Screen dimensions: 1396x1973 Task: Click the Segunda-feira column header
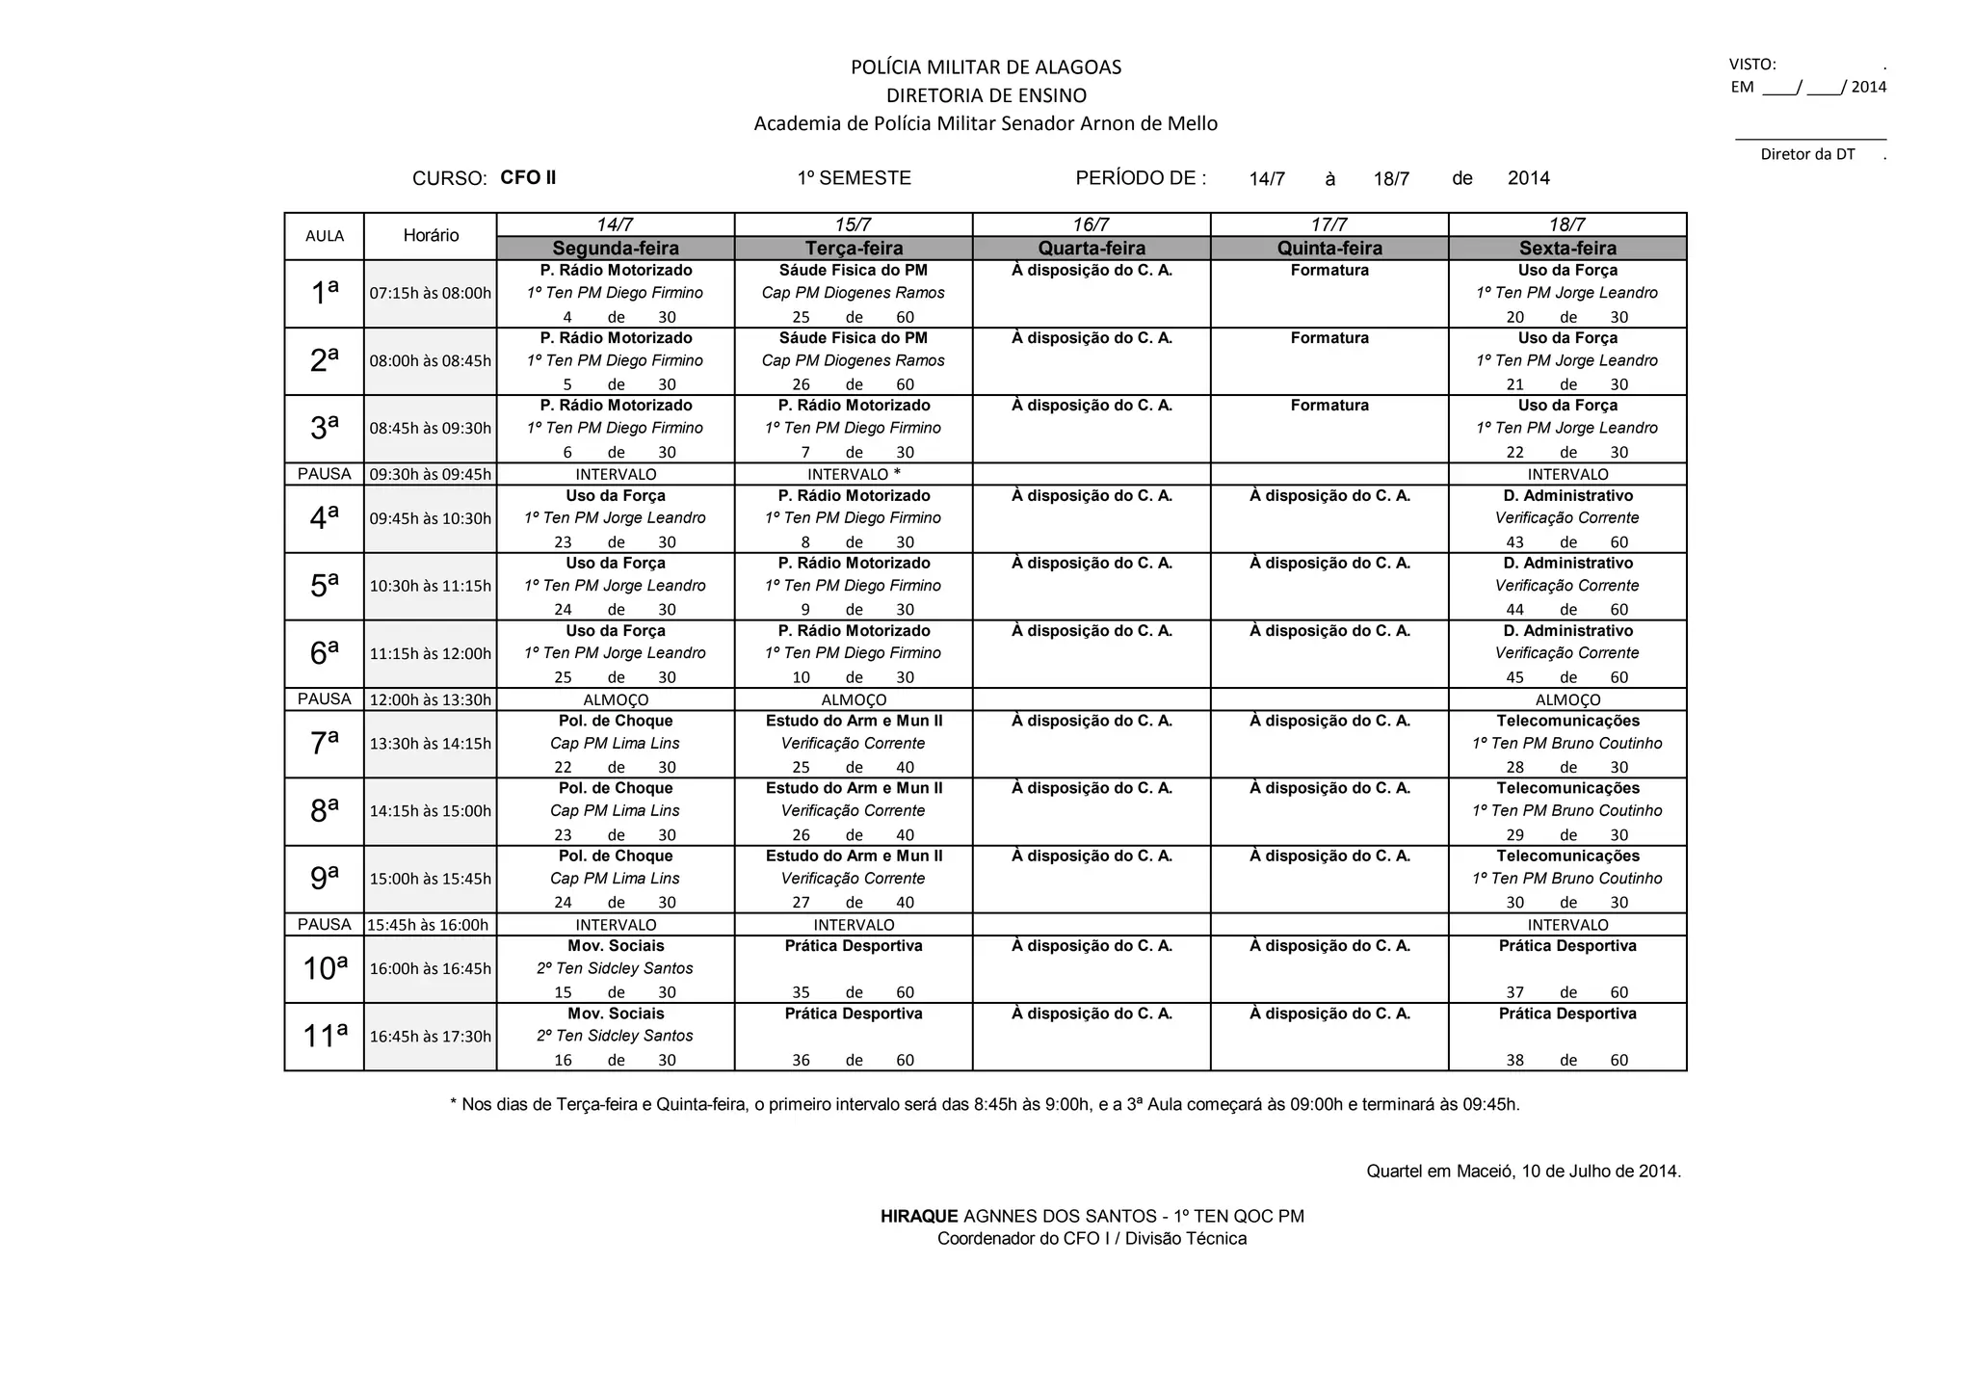(615, 249)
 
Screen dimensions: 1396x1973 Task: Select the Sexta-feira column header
(1567, 249)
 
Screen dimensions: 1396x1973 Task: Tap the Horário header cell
(431, 236)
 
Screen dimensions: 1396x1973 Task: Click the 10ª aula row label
(324, 968)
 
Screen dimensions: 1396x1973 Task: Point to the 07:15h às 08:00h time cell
(431, 293)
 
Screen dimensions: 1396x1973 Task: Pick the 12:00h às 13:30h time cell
(431, 699)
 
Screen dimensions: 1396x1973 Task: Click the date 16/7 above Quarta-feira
(1091, 224)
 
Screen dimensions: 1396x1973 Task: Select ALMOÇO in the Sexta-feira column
(1567, 699)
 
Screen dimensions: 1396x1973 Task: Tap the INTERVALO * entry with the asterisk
(854, 474)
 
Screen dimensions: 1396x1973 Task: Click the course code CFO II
(528, 177)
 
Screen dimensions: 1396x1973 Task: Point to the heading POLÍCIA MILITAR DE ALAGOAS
(986, 67)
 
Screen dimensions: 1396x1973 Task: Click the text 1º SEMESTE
(854, 178)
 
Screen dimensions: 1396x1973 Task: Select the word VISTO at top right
(1752, 65)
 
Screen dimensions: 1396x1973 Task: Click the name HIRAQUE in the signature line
(919, 1216)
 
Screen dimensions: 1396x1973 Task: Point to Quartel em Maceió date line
(1523, 1172)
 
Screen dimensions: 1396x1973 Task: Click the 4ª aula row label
(324, 518)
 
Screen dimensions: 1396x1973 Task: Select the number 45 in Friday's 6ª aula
(1514, 677)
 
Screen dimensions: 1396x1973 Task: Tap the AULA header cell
(324, 236)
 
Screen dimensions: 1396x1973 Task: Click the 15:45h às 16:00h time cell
(429, 925)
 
